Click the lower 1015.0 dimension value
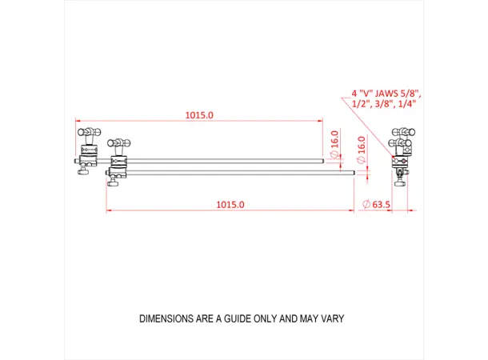(230, 205)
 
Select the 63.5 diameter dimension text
(381, 205)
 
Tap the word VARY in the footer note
(332, 318)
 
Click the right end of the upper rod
(323, 161)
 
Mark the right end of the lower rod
(353, 170)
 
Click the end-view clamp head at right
(401, 148)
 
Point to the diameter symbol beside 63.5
(366, 206)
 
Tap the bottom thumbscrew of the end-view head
(399, 180)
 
